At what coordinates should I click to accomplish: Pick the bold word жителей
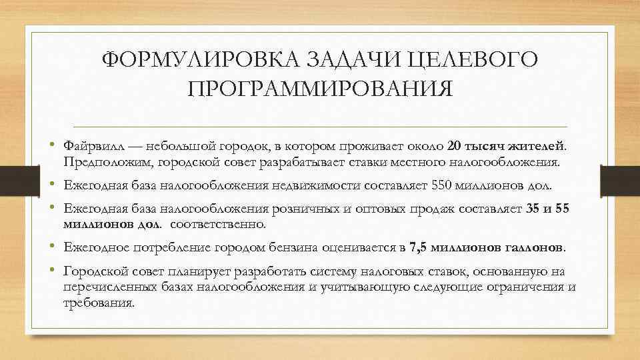point(537,145)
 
